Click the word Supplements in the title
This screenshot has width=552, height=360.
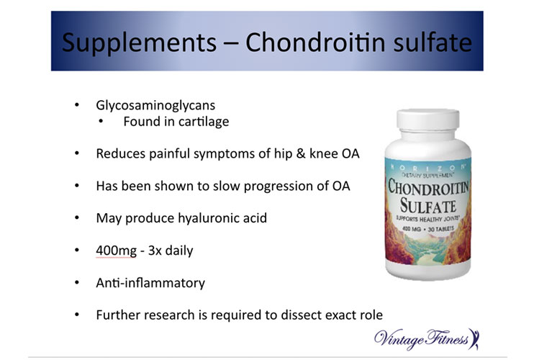[139, 43]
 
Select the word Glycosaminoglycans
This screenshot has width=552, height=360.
[155, 105]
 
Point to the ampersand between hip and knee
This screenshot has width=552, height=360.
[301, 153]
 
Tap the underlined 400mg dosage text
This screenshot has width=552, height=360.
[116, 251]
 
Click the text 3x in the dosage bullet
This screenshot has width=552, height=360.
[155, 251]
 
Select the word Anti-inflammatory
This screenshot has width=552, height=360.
[150, 283]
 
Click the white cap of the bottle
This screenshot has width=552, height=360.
[427, 120]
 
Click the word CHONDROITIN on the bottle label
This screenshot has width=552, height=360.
[428, 187]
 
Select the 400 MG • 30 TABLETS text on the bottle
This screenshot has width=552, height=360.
[428, 229]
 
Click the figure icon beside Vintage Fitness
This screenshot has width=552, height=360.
[474, 339]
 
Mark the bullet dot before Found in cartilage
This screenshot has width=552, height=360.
[101, 122]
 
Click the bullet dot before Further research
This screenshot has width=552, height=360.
[77, 315]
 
